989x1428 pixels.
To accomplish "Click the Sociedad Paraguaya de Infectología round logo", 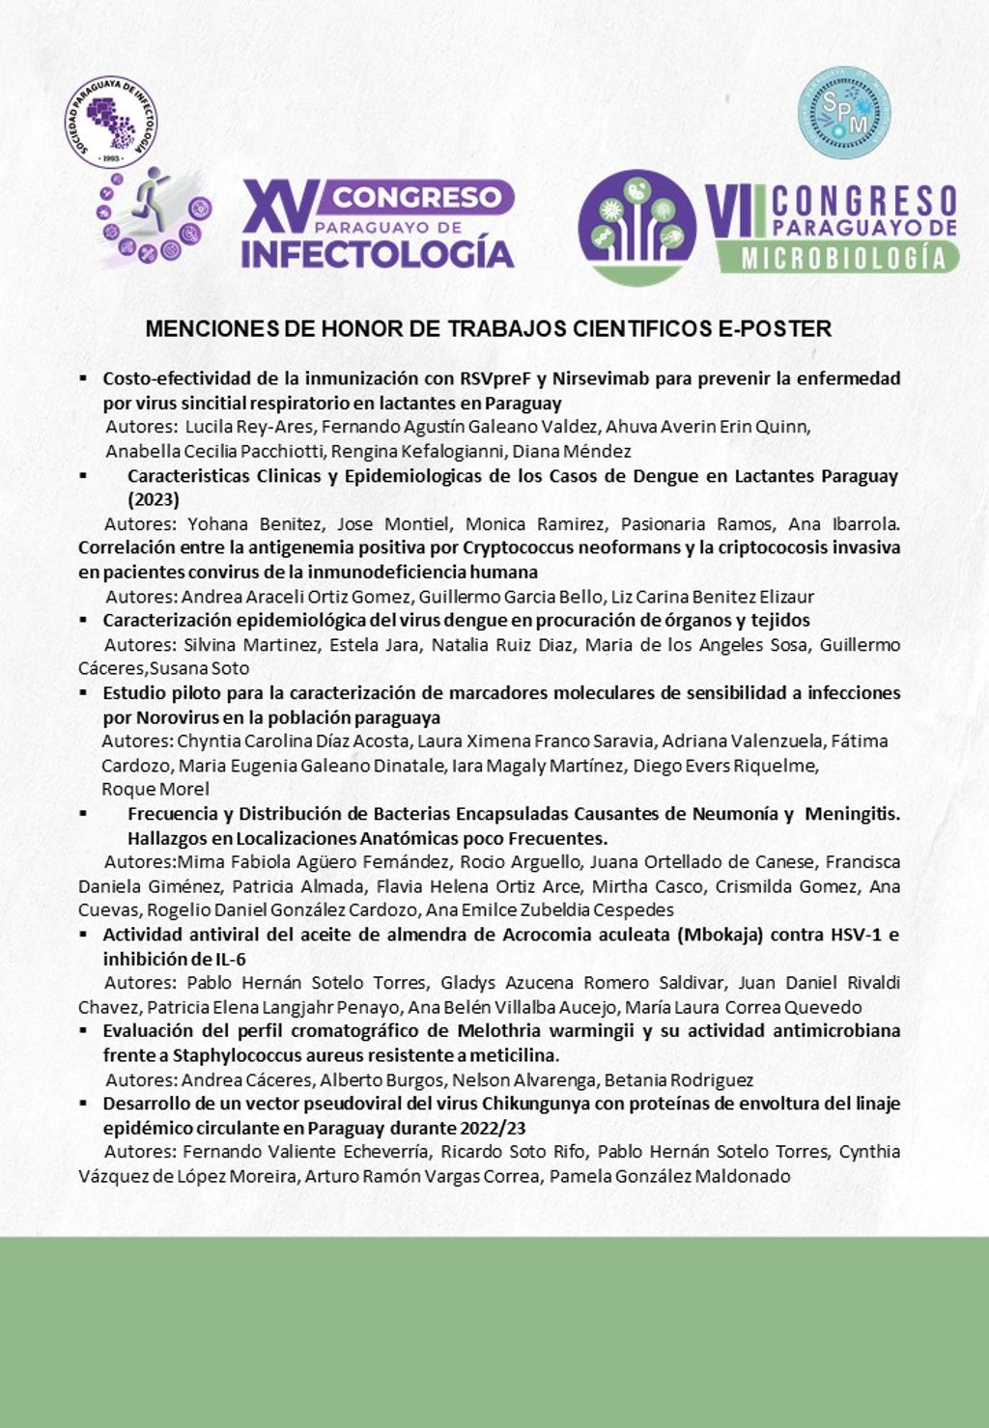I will point(111,122).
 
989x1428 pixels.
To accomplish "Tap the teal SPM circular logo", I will point(844,112).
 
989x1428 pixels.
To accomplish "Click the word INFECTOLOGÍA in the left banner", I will point(378,253).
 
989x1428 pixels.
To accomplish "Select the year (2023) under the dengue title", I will point(154,500).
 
